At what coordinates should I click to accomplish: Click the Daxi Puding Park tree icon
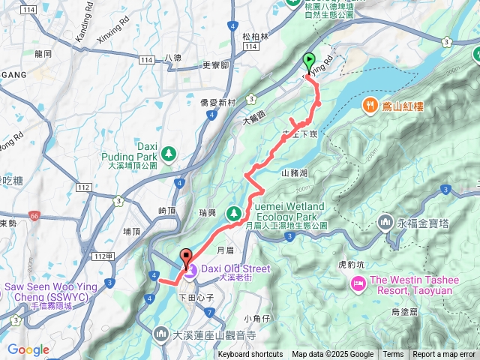[x=169, y=153]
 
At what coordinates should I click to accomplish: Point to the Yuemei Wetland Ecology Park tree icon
[x=233, y=211]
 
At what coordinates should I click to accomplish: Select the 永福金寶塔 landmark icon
[x=385, y=222]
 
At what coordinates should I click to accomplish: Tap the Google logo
[x=28, y=349]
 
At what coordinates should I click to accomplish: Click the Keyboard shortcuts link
[x=250, y=355]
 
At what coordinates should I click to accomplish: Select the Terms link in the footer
[x=393, y=355]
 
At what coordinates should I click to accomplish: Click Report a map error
[x=445, y=355]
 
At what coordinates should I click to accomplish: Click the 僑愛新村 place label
[x=220, y=102]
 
